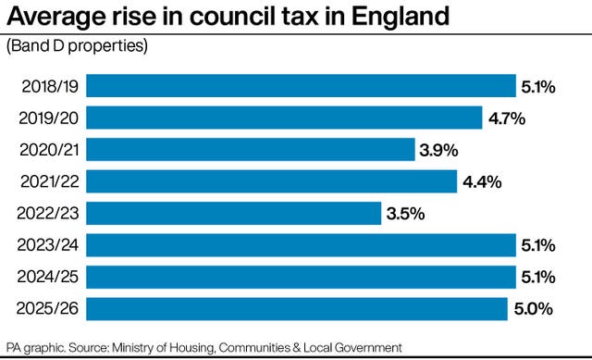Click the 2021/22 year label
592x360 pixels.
(47, 181)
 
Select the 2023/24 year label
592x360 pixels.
(47, 244)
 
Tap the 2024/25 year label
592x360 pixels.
(47, 277)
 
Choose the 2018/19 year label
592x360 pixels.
(47, 86)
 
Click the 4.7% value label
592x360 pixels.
(507, 118)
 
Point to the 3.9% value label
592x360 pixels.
(439, 150)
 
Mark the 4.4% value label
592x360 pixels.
(482, 182)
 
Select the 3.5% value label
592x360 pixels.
(405, 214)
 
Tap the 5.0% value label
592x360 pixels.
(533, 309)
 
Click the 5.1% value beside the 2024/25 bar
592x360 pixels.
(538, 278)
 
